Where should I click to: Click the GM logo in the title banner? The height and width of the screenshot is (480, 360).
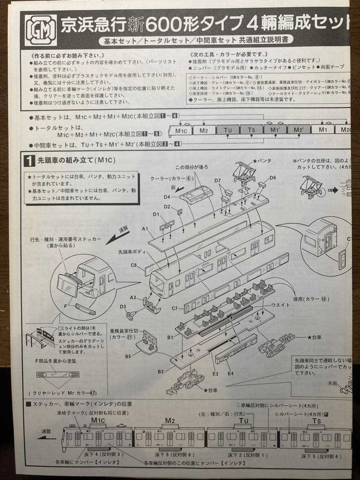40,30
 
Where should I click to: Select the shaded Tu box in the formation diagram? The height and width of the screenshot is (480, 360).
228,130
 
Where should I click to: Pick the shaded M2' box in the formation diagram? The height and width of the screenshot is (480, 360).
298,130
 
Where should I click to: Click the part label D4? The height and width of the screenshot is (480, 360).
168,197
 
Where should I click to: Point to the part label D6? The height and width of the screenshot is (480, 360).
272,177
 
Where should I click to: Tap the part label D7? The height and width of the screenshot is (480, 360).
217,180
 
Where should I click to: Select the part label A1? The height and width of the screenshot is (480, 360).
145,228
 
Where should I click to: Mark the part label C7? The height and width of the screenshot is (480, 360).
175,308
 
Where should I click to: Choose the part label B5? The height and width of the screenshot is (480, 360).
128,356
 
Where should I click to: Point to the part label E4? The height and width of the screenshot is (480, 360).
230,374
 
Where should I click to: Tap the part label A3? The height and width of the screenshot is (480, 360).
133,297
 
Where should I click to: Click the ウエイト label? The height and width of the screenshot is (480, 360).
280,305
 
